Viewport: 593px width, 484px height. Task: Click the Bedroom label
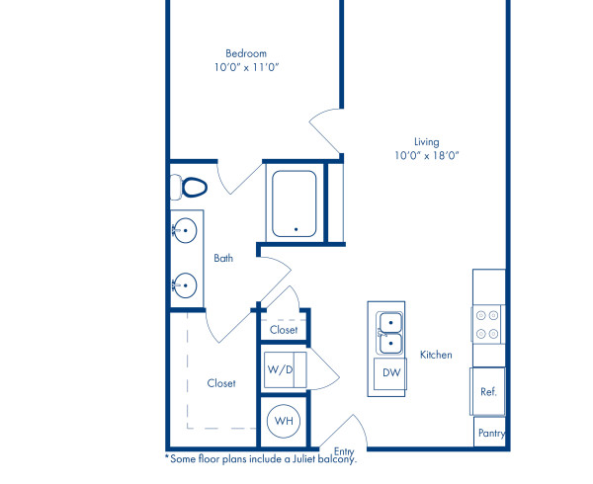pyautogui.click(x=245, y=53)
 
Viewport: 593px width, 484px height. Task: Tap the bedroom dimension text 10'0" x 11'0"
pyautogui.click(x=245, y=67)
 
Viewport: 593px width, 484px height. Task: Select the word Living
pyautogui.click(x=427, y=141)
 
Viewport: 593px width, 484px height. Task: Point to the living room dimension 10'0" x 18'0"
pyautogui.click(x=427, y=155)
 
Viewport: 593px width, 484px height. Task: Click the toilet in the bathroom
pyautogui.click(x=189, y=186)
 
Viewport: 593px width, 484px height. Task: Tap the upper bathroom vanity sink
pyautogui.click(x=184, y=231)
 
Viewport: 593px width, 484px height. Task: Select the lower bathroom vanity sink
pyautogui.click(x=184, y=285)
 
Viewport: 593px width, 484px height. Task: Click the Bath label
pyautogui.click(x=224, y=259)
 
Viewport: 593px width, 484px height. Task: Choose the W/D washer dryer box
pyautogui.click(x=281, y=369)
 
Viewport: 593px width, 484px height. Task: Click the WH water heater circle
pyautogui.click(x=285, y=421)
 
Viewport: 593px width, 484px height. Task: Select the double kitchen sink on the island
pyautogui.click(x=390, y=332)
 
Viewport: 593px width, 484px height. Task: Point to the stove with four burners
pyautogui.click(x=487, y=325)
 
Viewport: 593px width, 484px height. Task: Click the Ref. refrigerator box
pyautogui.click(x=487, y=391)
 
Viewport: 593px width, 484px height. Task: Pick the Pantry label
pyautogui.click(x=491, y=433)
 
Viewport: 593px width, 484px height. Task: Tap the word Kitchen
pyautogui.click(x=436, y=355)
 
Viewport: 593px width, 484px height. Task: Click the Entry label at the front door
pyautogui.click(x=344, y=450)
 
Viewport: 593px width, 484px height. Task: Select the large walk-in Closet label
pyautogui.click(x=221, y=383)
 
